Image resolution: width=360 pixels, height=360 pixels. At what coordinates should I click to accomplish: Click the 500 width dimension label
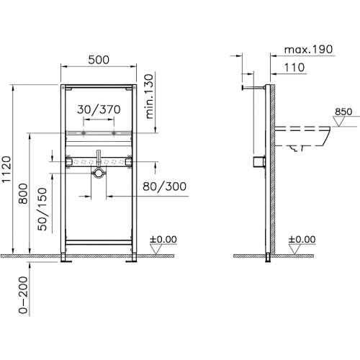[99, 63]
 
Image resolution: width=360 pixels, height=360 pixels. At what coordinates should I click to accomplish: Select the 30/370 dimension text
[98, 108]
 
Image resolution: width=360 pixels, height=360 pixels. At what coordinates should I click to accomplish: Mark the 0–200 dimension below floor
[24, 297]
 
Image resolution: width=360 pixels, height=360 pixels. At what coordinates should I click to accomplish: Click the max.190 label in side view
[309, 50]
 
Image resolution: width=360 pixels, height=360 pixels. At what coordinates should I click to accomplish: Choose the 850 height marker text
[344, 112]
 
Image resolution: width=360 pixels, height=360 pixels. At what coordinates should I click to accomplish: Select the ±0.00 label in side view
[302, 239]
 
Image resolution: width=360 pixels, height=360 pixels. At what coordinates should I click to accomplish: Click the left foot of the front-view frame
[66, 258]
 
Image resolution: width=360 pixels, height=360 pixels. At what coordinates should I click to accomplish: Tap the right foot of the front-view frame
[134, 258]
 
